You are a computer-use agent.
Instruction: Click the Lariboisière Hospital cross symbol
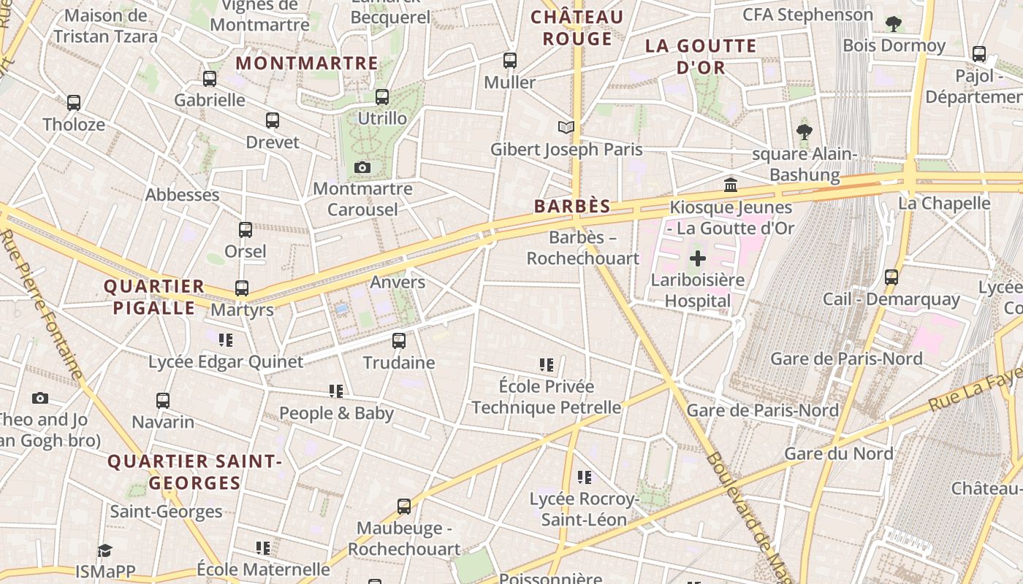pyautogui.click(x=698, y=258)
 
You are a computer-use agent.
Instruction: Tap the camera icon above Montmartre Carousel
pyautogui.click(x=362, y=168)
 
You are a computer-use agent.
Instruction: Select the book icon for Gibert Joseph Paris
pyautogui.click(x=566, y=128)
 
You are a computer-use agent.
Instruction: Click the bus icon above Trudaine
pyautogui.click(x=399, y=340)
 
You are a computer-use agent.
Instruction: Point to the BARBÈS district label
pyautogui.click(x=572, y=207)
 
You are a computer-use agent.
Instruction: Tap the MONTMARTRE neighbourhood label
pyautogui.click(x=307, y=64)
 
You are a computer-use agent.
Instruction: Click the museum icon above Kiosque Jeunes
pyautogui.click(x=731, y=185)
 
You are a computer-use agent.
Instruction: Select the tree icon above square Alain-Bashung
pyautogui.click(x=805, y=132)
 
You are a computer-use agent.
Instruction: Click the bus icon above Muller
pyautogui.click(x=510, y=61)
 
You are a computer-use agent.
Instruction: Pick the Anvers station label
pyautogui.click(x=398, y=282)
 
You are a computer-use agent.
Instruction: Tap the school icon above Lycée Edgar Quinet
pyautogui.click(x=226, y=339)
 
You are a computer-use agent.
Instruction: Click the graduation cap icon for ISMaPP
pyautogui.click(x=105, y=550)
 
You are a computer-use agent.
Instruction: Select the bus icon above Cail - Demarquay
pyautogui.click(x=891, y=277)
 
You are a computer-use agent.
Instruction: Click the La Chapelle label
pyautogui.click(x=944, y=203)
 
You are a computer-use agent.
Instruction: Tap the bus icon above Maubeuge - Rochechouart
pyautogui.click(x=404, y=506)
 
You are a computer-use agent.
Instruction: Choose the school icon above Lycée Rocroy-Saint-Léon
pyautogui.click(x=584, y=477)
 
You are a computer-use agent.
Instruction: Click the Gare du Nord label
pyautogui.click(x=838, y=453)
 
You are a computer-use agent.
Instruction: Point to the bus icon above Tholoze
pyautogui.click(x=74, y=103)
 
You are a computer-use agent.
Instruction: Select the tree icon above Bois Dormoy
pyautogui.click(x=894, y=24)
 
